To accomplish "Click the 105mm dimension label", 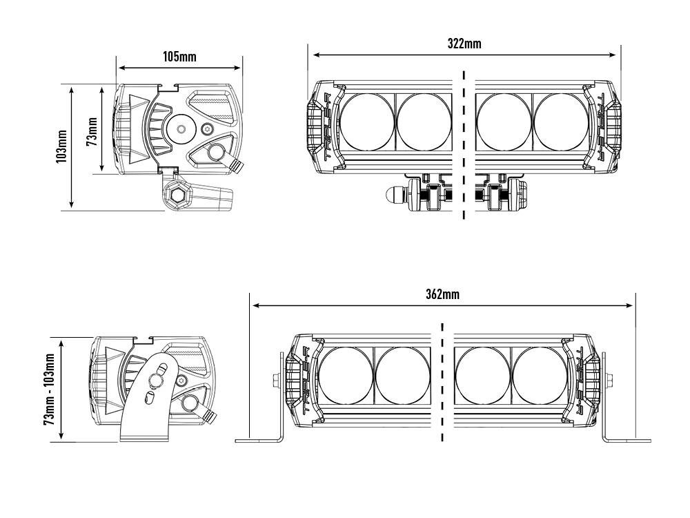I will pyautogui.click(x=179, y=57).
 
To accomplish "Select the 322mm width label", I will pyautogui.click(x=464, y=44).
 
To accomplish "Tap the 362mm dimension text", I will pyautogui.click(x=442, y=294).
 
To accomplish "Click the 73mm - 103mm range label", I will pyautogui.click(x=49, y=390).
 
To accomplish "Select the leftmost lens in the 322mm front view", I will pyautogui.click(x=367, y=121).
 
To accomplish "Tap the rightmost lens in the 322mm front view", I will pyautogui.click(x=562, y=121).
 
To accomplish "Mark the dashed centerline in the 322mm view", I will pyautogui.click(x=464, y=145).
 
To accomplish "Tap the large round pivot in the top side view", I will pyautogui.click(x=181, y=129).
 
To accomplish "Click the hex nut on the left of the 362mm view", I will pyautogui.click(x=276, y=379).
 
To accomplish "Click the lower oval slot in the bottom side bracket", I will pyautogui.click(x=149, y=399).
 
